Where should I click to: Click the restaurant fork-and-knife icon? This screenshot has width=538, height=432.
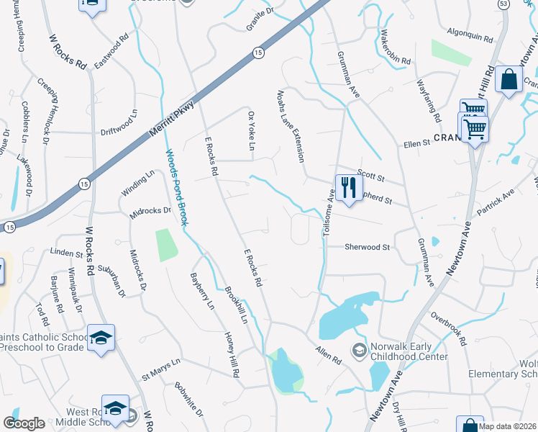(348, 188)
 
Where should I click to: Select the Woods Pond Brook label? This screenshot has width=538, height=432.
(177, 188)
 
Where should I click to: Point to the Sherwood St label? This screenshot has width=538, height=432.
(367, 247)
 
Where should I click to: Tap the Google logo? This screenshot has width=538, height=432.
(24, 423)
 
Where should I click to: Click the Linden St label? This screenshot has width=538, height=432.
(67, 252)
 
